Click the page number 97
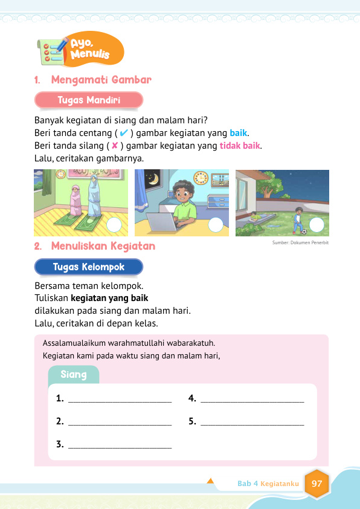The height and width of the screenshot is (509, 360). pos(317,484)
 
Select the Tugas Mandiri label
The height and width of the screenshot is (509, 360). pos(88,100)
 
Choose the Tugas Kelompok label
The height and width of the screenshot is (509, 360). pos(88,267)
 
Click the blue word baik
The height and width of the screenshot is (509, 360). pos(239,132)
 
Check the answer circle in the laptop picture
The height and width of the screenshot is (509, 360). pos(216,225)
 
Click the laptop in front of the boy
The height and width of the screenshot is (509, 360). pos(158,223)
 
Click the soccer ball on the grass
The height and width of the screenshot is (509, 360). pos(304,230)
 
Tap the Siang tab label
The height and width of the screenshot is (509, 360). pos(74,375)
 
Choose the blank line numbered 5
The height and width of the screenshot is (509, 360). pos(252,422)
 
